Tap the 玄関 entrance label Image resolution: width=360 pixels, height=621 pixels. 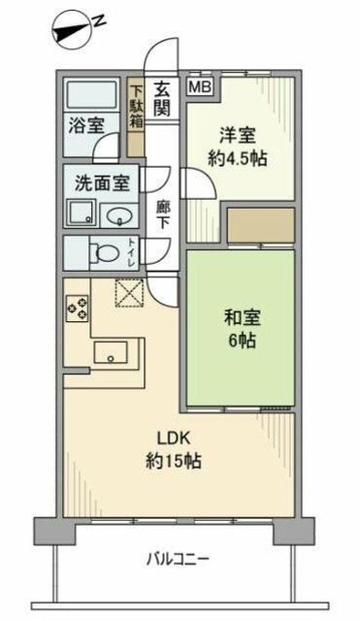point(162,95)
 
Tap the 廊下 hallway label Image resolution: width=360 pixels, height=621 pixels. point(162,212)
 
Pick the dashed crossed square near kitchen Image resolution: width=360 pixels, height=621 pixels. point(130,292)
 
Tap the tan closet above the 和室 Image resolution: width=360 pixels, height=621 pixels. point(260,225)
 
